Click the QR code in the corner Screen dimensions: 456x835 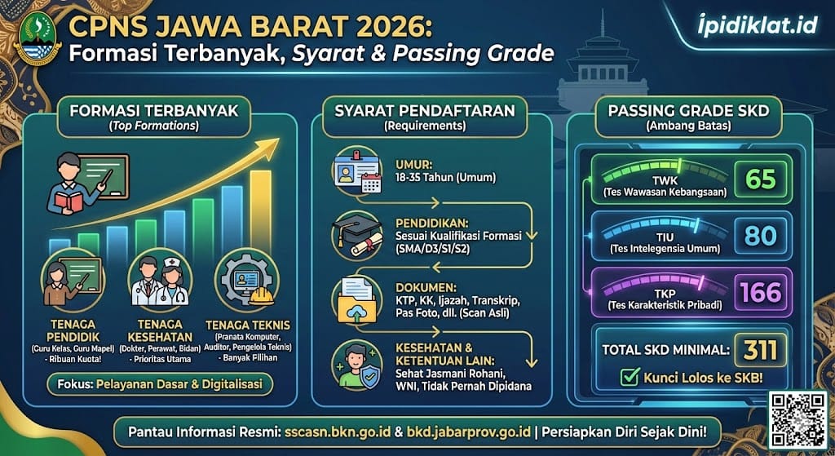(798, 418)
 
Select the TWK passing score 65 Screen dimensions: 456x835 (760, 179)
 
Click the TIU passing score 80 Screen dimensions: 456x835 (760, 236)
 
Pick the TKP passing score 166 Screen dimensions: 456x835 (760, 291)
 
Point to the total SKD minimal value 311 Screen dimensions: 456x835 (760, 349)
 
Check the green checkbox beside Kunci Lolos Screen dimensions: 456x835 (629, 378)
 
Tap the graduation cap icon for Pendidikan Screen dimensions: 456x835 (356, 234)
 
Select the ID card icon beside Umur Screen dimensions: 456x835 (356, 174)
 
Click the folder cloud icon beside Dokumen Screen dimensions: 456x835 (356, 299)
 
